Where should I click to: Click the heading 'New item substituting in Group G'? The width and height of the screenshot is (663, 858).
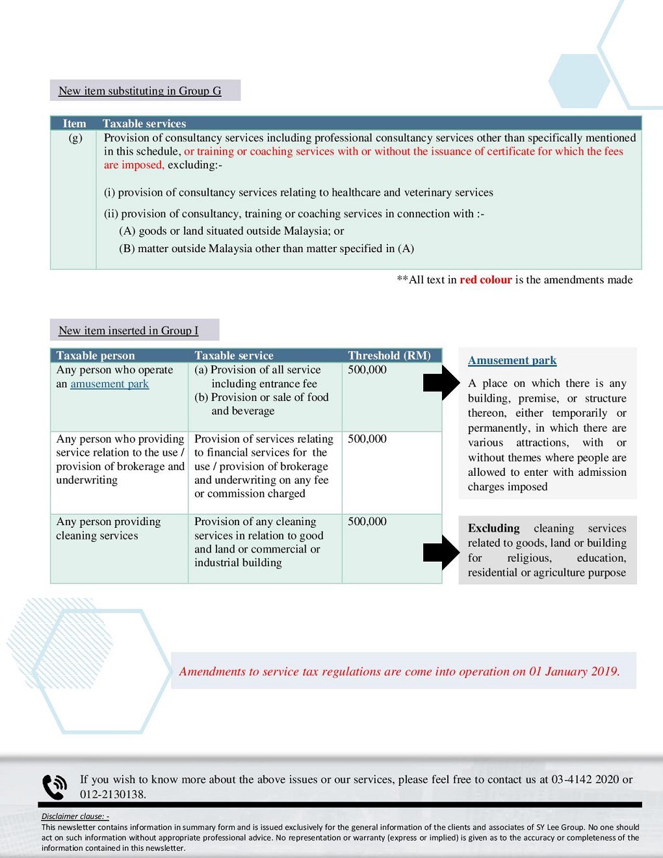pos(140,91)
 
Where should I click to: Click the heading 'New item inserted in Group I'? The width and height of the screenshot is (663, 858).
pos(128,330)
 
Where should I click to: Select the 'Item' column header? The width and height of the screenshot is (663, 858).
pos(74,123)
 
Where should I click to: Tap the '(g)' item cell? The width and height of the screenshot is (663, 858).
pos(75,138)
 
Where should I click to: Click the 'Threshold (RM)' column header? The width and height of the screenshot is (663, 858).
pos(389,356)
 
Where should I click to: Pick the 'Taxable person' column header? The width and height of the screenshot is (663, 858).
pos(96,356)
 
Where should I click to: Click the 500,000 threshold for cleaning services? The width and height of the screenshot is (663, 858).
pos(367,521)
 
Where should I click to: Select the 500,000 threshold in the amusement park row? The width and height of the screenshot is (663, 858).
pos(367,370)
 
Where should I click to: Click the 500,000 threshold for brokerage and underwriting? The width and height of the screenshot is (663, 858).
pos(367,439)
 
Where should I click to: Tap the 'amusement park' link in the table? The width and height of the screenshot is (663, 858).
pos(109,384)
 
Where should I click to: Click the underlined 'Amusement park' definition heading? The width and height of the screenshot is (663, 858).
pos(512,360)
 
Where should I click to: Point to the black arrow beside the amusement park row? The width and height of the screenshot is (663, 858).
pos(441,383)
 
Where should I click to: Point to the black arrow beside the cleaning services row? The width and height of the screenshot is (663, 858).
pos(441,552)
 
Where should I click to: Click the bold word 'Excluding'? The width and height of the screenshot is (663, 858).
pos(493,528)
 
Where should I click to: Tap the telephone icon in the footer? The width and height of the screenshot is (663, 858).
pos(55,786)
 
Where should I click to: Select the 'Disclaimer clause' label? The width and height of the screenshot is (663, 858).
pos(75,816)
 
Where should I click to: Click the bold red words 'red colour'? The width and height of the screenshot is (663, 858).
pos(486,279)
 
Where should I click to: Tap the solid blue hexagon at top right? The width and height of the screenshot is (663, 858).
pos(578,81)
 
